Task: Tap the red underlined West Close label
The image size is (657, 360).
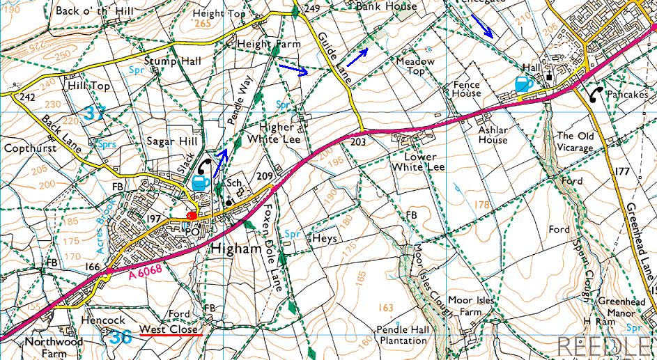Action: coord(171,329)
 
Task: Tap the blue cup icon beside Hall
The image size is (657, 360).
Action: coord(523,84)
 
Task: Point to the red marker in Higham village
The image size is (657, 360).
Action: coord(192,216)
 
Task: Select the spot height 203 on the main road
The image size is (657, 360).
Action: coord(358,141)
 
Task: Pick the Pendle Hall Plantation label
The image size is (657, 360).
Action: coord(401,335)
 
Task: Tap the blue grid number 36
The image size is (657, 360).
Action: coord(120,337)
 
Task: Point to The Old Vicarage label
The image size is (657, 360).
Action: coord(574,142)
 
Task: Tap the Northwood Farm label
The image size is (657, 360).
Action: coord(53,347)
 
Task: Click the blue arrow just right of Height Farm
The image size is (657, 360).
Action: coord(291,69)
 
